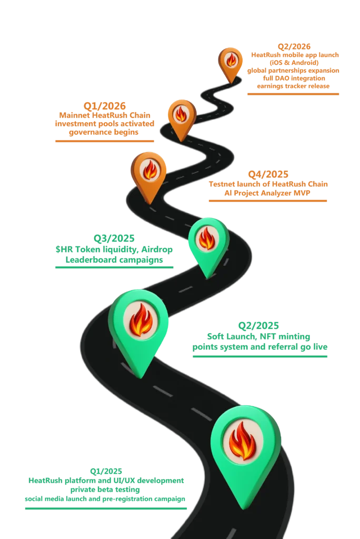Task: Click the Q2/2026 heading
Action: (x=294, y=46)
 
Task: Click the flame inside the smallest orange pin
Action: (x=231, y=60)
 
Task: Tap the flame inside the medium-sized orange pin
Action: (x=181, y=114)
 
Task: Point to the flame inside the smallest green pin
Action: (x=207, y=238)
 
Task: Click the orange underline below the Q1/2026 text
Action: (x=105, y=141)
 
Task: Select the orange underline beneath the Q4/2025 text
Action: (x=267, y=201)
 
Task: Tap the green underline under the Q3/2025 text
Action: (x=115, y=267)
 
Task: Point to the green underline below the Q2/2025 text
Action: (x=259, y=356)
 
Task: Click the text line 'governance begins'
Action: (x=105, y=134)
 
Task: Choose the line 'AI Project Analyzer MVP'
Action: (x=268, y=193)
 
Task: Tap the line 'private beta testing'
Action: (x=105, y=489)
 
